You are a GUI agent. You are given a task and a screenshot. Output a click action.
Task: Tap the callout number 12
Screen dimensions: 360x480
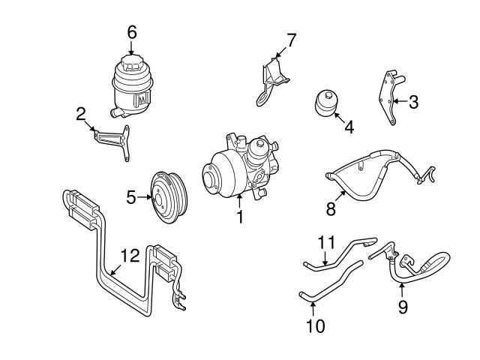click(x=130, y=256)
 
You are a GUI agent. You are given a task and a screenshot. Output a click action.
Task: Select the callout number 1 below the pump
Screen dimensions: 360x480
click(x=240, y=217)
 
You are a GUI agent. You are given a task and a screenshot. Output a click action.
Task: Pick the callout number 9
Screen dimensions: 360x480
click(x=403, y=307)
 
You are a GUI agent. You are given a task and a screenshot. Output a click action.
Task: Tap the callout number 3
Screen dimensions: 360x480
click(x=412, y=103)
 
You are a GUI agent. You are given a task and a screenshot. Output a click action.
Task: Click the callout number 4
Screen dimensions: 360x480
click(x=348, y=127)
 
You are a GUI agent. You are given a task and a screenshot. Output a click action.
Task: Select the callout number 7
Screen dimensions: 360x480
click(x=292, y=39)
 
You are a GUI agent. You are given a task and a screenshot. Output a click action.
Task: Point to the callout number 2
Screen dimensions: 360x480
click(x=80, y=113)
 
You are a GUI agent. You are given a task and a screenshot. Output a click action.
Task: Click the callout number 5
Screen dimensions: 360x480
click(x=130, y=198)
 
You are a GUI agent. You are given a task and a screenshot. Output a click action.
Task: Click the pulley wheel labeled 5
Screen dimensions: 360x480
click(x=169, y=196)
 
